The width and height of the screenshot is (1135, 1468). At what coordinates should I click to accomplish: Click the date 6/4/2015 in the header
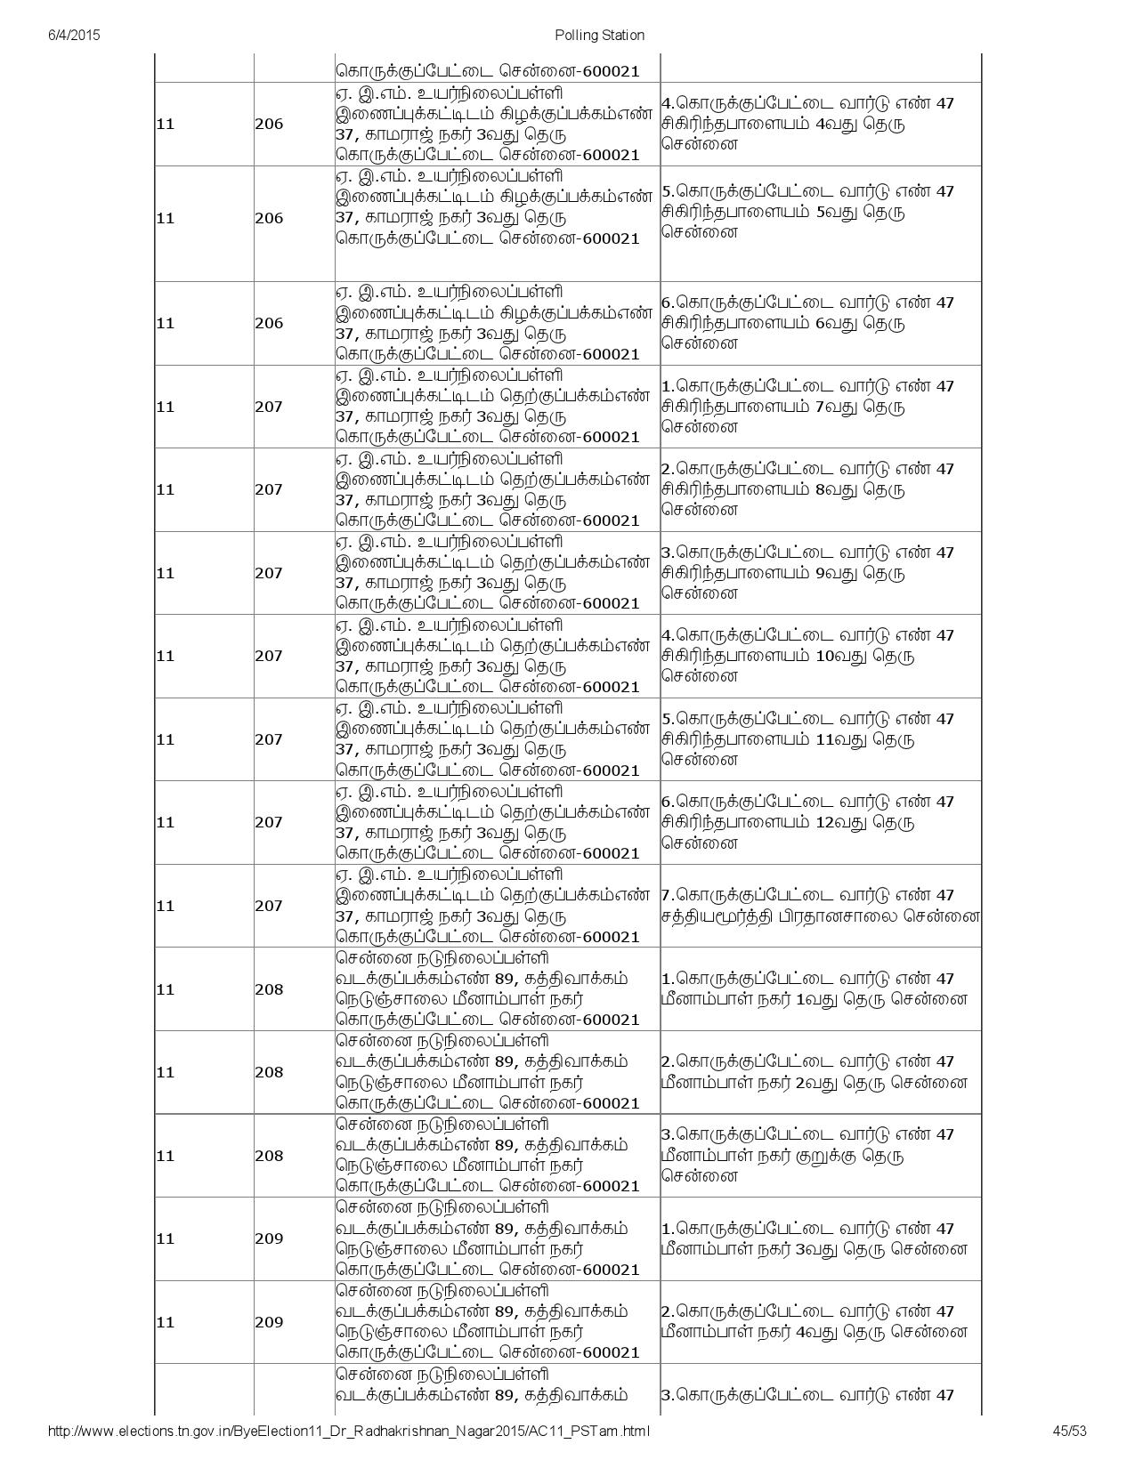tap(73, 35)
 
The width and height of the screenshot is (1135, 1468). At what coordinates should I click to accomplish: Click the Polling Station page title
tap(599, 35)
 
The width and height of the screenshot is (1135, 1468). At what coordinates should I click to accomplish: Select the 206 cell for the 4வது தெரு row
tap(269, 124)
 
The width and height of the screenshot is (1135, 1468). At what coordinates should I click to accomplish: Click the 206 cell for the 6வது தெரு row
tap(269, 323)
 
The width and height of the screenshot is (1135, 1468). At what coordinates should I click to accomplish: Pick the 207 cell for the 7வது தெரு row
tap(269, 407)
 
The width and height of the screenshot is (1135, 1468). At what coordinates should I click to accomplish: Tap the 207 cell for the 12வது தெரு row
tap(269, 822)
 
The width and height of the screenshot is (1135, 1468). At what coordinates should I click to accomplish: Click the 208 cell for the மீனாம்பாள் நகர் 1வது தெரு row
tap(269, 989)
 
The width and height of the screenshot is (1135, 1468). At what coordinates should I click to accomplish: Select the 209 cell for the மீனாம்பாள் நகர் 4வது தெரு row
tap(269, 1322)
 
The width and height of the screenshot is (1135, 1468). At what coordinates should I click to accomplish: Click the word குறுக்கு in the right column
tap(831, 1156)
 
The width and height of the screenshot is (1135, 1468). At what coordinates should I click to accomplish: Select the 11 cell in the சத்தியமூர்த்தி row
tap(166, 906)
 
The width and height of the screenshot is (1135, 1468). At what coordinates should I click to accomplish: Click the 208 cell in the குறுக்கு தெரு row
tap(269, 1156)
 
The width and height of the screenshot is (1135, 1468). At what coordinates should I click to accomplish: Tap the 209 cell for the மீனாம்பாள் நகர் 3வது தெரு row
tap(269, 1238)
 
